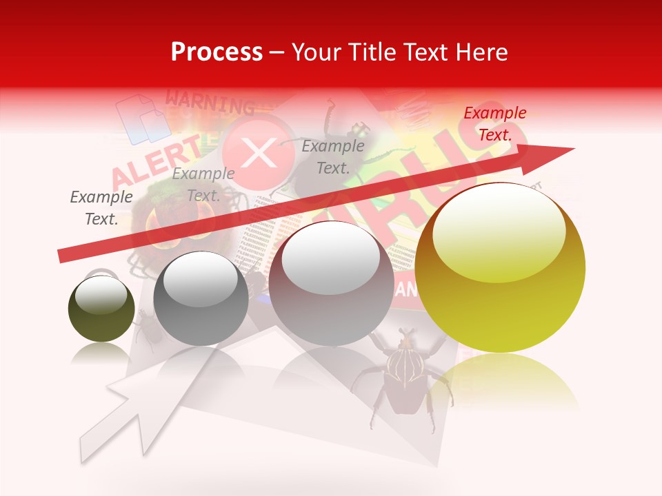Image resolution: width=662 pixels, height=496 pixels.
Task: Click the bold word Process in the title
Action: [217, 52]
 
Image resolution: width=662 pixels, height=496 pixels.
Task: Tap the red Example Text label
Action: [494, 124]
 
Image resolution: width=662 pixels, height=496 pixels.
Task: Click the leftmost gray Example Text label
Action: [101, 208]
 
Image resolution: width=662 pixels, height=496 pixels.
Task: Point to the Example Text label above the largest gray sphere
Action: [333, 156]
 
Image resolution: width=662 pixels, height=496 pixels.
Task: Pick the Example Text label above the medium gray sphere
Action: [203, 185]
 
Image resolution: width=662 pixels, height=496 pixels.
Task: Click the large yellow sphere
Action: [500, 276]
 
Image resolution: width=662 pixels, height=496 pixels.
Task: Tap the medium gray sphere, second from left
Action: [201, 298]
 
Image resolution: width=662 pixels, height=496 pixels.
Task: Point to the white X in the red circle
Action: [259, 153]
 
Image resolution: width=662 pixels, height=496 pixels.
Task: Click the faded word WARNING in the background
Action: [210, 103]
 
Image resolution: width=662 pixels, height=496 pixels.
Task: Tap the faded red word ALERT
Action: [157, 163]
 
